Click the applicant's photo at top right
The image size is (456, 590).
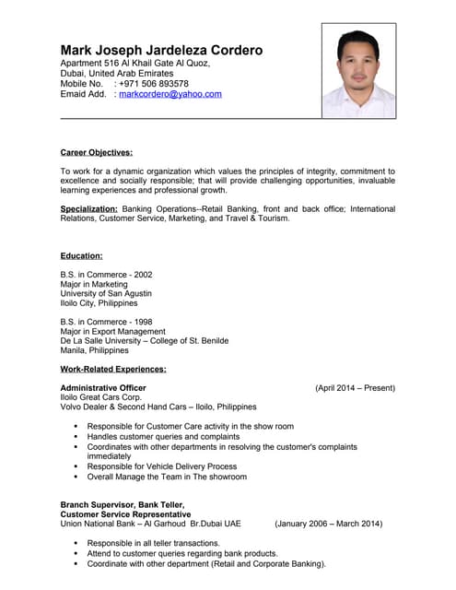357,71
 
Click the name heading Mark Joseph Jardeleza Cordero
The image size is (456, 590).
161,50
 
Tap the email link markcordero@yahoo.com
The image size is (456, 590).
170,94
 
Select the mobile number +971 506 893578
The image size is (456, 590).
153,83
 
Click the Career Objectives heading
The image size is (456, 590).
96,152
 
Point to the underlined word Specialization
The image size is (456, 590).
88,208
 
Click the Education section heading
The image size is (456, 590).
81,255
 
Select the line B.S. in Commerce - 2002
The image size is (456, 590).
106,275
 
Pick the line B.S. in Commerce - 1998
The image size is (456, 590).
106,322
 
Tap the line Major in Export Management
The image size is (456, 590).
112,331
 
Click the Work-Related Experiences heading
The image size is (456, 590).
112,369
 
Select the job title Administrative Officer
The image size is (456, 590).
102,388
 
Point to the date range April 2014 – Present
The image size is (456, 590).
355,388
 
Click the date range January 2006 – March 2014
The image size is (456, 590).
328,524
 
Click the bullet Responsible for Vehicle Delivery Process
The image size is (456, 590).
161,466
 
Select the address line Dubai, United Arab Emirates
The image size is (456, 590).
116,73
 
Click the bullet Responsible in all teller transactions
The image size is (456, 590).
153,543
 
